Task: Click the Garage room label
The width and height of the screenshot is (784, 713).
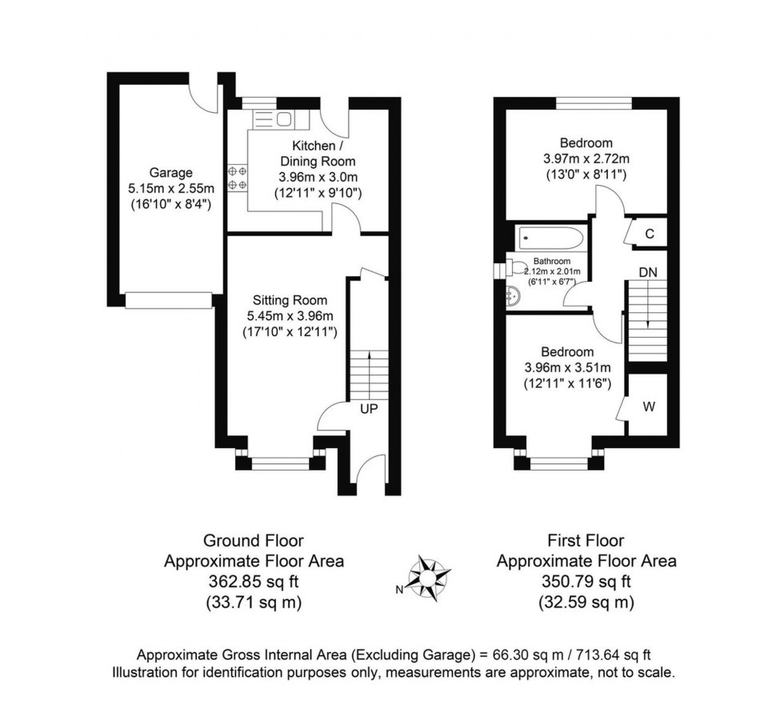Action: click(x=170, y=173)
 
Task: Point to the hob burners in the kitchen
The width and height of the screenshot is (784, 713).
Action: click(x=237, y=178)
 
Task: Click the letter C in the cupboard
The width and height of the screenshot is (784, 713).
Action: click(x=650, y=234)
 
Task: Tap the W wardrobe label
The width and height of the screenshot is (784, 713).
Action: click(x=649, y=407)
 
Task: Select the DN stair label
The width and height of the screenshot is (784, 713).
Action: click(x=647, y=272)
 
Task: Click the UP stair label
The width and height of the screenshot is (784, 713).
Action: click(x=369, y=408)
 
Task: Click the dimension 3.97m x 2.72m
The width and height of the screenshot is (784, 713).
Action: click(x=586, y=158)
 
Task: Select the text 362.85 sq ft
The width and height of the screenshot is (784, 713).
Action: click(x=254, y=582)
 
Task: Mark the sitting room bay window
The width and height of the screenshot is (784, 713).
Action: click(x=281, y=462)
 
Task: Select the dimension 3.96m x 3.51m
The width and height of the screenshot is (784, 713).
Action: click(x=567, y=368)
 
